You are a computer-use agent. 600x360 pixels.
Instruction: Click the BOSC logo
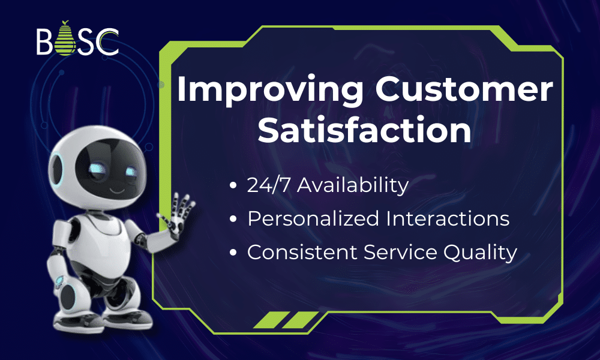77,41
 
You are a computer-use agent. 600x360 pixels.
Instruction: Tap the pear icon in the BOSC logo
64,40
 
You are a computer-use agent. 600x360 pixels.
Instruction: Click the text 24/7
268,185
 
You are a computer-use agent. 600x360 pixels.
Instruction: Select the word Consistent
304,253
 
